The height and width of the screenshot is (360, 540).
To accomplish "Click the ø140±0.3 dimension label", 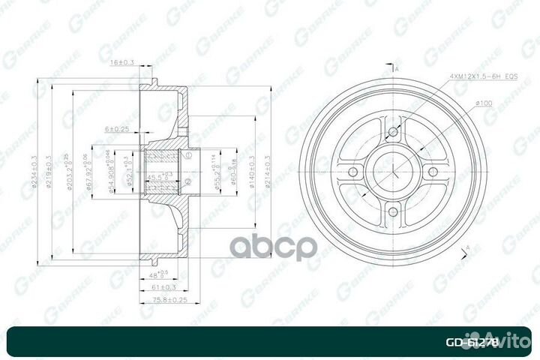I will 253,173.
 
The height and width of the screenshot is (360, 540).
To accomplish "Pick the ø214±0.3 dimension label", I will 268,173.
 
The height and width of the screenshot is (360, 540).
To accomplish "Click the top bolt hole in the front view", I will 392,134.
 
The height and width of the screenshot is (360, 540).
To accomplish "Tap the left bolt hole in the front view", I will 352,173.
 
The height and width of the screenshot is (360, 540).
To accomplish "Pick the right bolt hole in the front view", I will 432,173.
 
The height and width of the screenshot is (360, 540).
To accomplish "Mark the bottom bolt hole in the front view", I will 392,213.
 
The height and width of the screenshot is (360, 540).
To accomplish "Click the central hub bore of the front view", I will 392,173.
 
